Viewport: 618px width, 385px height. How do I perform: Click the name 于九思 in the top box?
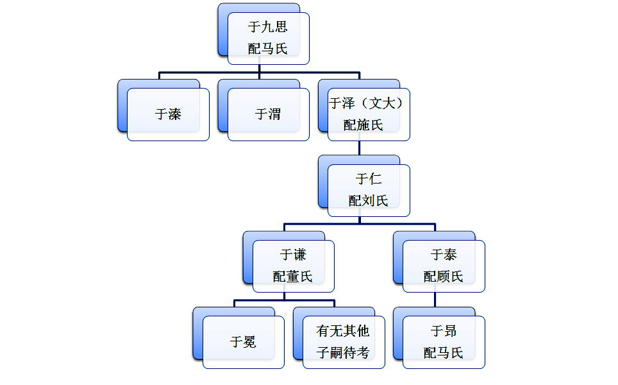point(267,28)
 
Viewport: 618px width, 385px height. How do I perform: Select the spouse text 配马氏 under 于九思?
point(267,49)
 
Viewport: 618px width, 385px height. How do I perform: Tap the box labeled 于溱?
point(168,114)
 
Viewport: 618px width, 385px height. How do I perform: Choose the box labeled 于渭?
point(268,114)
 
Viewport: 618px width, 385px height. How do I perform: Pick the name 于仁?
point(368,179)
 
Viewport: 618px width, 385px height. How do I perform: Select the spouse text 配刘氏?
point(368,201)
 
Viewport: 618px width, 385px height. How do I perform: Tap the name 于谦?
point(293,255)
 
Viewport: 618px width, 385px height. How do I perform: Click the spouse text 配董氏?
point(292,277)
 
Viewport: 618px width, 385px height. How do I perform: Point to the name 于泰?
point(443,255)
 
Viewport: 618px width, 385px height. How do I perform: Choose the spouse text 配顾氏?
point(443,277)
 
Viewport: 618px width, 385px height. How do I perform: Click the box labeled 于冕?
point(243,342)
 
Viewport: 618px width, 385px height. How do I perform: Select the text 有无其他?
point(343,331)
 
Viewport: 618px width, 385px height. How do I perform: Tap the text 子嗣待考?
point(343,352)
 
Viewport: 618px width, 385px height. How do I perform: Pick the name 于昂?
point(443,331)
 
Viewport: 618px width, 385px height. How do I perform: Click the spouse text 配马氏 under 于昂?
point(443,352)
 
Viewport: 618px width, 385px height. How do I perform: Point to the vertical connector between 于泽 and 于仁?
point(359,148)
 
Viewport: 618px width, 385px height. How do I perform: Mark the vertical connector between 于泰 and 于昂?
point(435,300)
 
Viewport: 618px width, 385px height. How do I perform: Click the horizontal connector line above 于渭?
point(259,73)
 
